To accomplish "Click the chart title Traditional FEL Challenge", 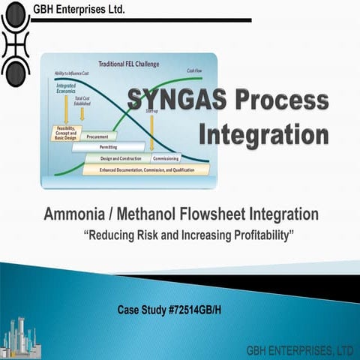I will (132, 64).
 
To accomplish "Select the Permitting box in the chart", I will (108, 148).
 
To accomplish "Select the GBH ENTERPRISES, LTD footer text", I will (300, 350).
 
